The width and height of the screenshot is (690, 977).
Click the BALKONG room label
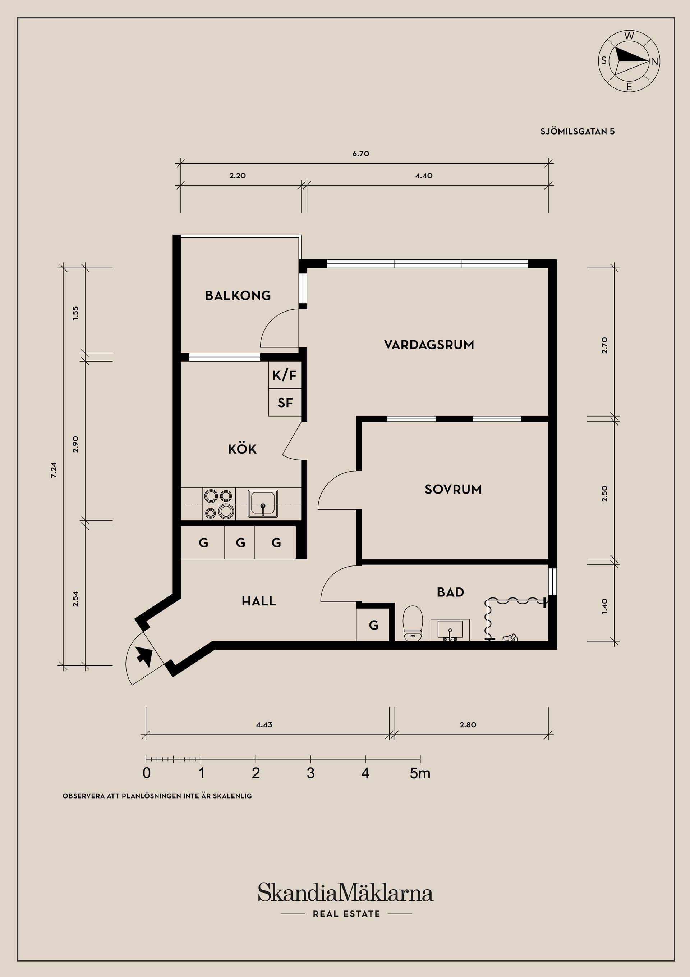click(x=238, y=295)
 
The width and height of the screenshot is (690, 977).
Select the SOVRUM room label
click(x=453, y=489)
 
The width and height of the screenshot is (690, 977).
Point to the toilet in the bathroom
click(x=413, y=624)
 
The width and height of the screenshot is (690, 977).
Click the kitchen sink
click(x=263, y=504)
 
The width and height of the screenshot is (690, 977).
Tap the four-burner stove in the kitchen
click(x=219, y=504)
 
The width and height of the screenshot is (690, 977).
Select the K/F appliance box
click(x=284, y=375)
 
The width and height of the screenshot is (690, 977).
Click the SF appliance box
click(x=285, y=403)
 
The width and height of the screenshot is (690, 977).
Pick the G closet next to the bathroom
click(x=373, y=625)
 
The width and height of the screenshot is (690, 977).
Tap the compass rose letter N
click(x=654, y=61)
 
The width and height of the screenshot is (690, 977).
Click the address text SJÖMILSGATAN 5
click(x=578, y=132)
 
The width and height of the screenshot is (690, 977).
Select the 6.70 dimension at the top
click(x=360, y=154)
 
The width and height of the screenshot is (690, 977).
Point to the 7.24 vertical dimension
click(x=54, y=470)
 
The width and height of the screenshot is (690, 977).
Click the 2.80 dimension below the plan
click(x=468, y=725)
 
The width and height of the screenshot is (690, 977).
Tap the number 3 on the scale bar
click(x=310, y=773)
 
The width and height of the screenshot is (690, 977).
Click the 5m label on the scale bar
click(x=420, y=773)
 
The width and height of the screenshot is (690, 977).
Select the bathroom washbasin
click(x=450, y=630)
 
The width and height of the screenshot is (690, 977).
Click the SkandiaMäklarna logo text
click(x=345, y=893)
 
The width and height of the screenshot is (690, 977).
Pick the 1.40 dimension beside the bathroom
click(x=604, y=606)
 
